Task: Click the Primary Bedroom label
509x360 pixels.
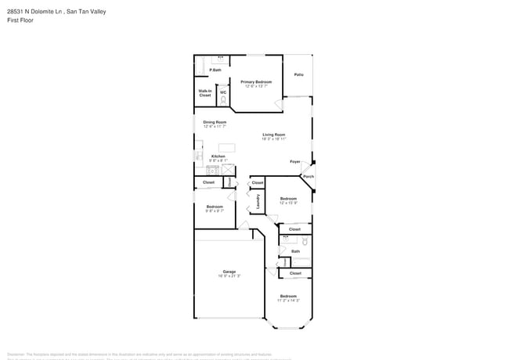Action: coord(256,82)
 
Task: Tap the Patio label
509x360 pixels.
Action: coord(298,74)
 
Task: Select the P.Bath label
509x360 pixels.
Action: coord(215,71)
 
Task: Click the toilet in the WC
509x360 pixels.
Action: coord(223,99)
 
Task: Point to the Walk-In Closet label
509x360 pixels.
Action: coord(204,93)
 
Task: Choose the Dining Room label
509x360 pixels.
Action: coord(215,122)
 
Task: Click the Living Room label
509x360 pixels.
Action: coord(273,135)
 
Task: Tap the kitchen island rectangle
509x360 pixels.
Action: coord(226,147)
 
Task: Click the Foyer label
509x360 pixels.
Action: coord(295,161)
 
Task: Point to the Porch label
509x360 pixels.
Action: coord(308,177)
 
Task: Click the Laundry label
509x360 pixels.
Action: coord(258,201)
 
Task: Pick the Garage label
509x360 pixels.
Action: coord(229,272)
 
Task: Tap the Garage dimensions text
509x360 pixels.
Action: coord(229,276)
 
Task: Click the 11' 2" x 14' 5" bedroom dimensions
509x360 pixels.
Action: coord(288,301)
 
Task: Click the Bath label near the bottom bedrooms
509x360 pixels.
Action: coord(295,251)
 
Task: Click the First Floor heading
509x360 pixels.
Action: coord(21,20)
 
